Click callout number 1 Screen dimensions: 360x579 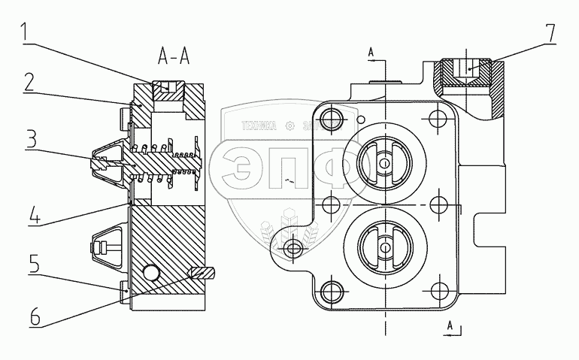[26, 32]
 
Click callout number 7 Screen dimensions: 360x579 [551, 32]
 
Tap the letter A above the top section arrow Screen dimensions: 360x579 [371, 52]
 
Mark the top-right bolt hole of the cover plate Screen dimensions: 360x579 [437, 116]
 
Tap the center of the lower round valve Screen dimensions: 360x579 [383, 247]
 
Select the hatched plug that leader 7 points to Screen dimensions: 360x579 [467, 74]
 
